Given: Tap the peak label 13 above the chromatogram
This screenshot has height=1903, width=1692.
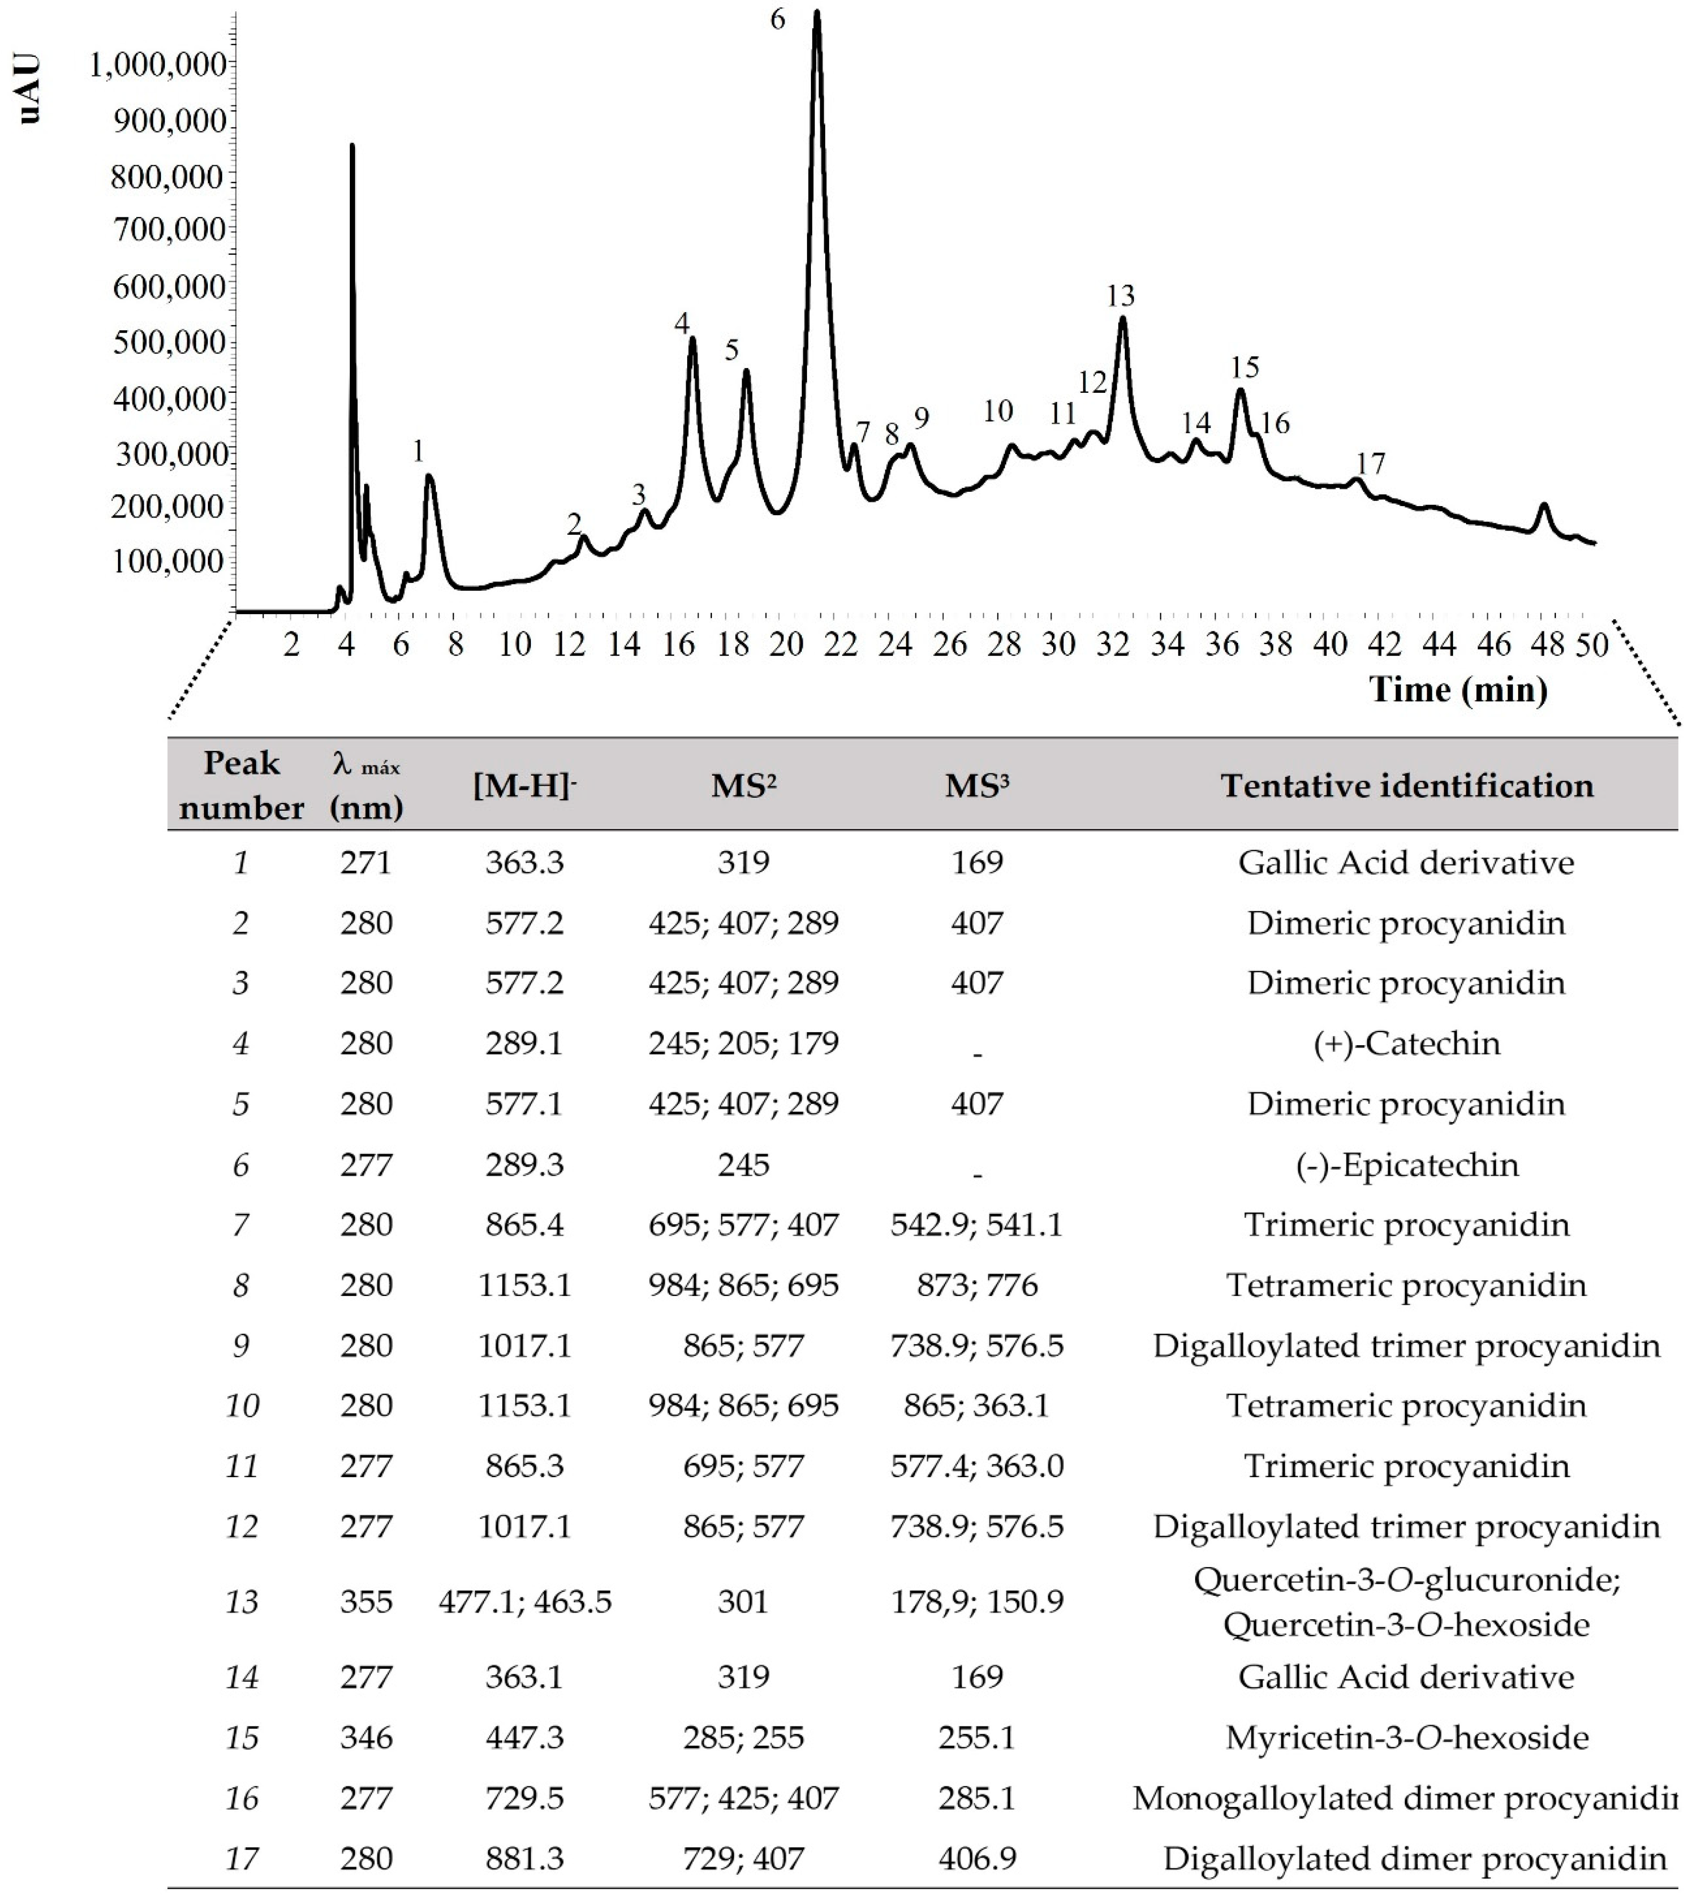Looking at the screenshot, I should pyautogui.click(x=1121, y=296).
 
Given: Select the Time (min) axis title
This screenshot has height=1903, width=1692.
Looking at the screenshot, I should pyautogui.click(x=1457, y=690).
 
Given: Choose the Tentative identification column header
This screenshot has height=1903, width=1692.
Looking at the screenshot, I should pyautogui.click(x=1406, y=786).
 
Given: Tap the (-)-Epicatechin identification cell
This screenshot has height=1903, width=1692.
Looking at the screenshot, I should pyautogui.click(x=1406, y=1165).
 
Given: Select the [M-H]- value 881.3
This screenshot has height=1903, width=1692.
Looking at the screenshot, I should pyautogui.click(x=524, y=1858).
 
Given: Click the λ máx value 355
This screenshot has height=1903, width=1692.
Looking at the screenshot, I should pyautogui.click(x=366, y=1601).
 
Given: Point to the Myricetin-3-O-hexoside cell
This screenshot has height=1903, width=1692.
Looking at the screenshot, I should pyautogui.click(x=1406, y=1737).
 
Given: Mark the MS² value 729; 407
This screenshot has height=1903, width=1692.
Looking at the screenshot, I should pyautogui.click(x=743, y=1858).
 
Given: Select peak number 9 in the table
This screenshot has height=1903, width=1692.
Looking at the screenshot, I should pyautogui.click(x=241, y=1345).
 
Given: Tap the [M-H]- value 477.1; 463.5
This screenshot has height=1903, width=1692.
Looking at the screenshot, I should pyautogui.click(x=524, y=1601).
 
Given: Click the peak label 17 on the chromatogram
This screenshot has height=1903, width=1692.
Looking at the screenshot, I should pyautogui.click(x=1370, y=463).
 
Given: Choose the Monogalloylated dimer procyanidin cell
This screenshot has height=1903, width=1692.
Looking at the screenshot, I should pyautogui.click(x=1403, y=1798).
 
